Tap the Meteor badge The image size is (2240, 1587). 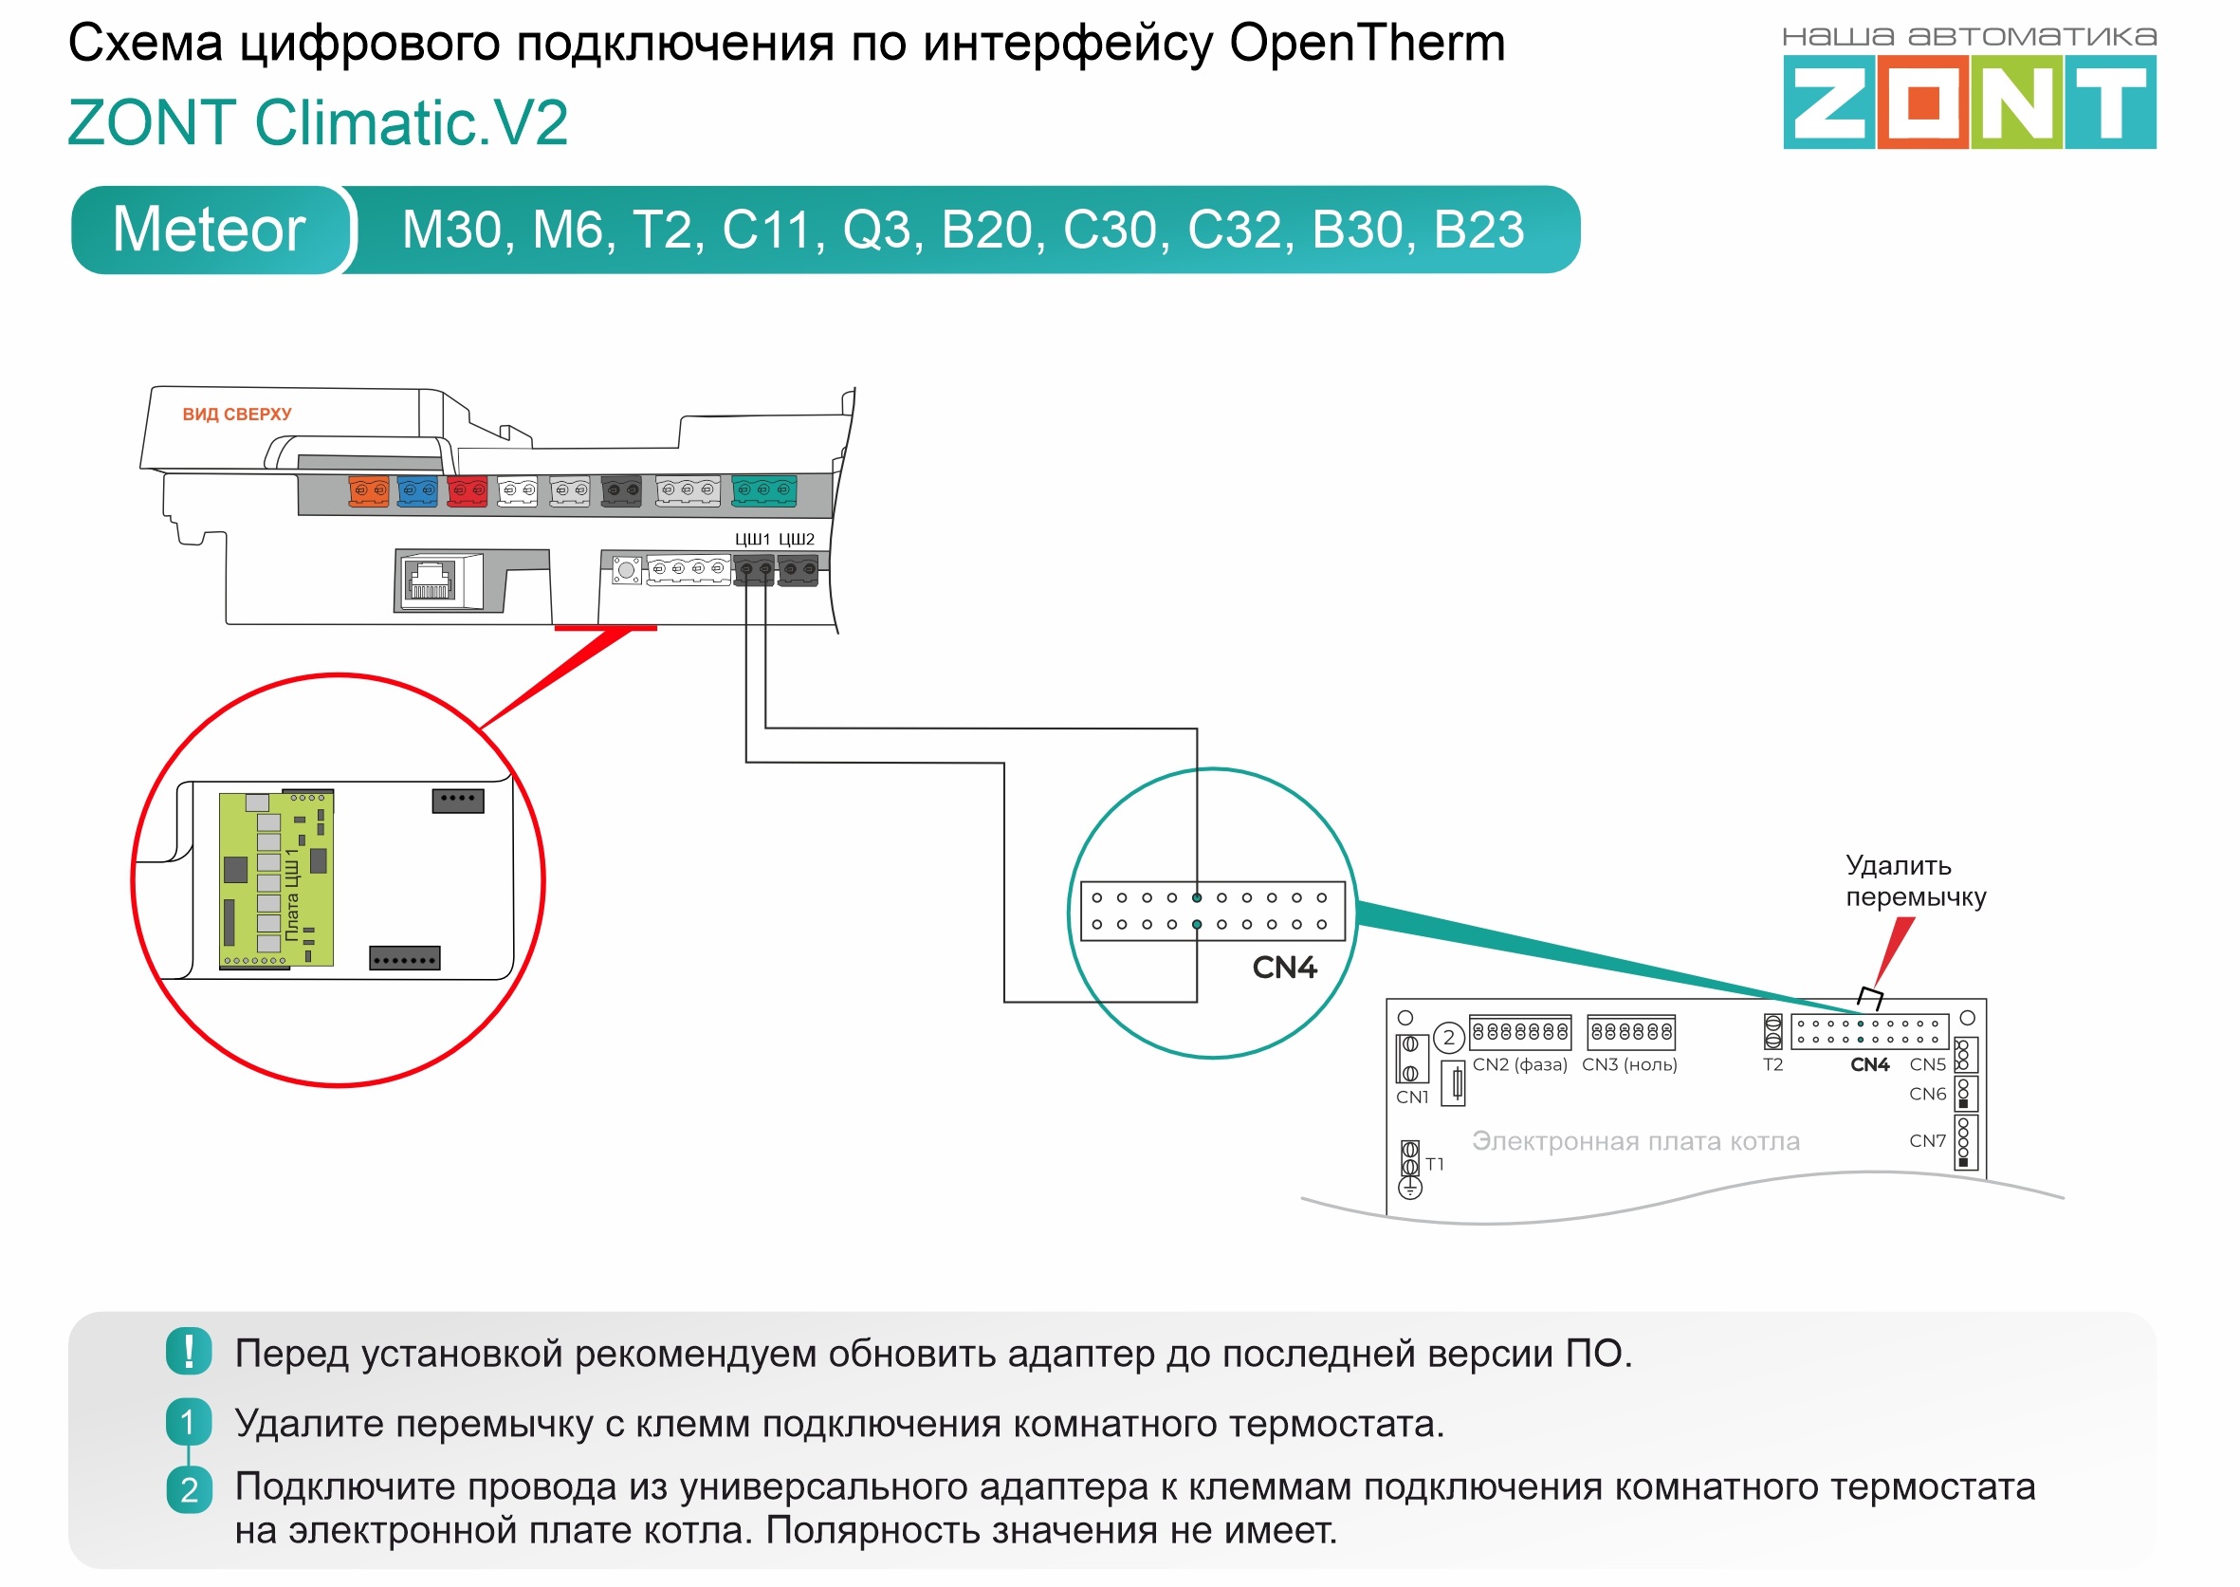click(209, 230)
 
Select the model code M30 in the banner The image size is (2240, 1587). click(451, 231)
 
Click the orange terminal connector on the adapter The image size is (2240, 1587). click(368, 490)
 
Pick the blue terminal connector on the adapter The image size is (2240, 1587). click(417, 490)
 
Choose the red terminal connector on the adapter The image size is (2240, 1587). click(467, 490)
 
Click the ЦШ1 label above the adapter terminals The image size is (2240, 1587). click(752, 539)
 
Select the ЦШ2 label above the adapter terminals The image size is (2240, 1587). click(797, 539)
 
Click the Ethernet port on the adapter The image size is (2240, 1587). click(429, 581)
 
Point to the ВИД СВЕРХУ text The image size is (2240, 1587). click(236, 415)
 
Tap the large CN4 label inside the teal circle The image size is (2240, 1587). click(1285, 968)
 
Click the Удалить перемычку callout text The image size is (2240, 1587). click(1915, 880)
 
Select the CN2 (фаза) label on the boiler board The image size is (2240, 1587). click(1519, 1064)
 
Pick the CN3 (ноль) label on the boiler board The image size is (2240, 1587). click(1629, 1064)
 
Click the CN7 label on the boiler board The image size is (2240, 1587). click(1926, 1140)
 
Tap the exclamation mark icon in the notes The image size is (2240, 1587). click(189, 1352)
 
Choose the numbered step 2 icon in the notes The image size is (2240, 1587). click(189, 1489)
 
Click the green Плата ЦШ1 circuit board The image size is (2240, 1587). click(277, 878)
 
